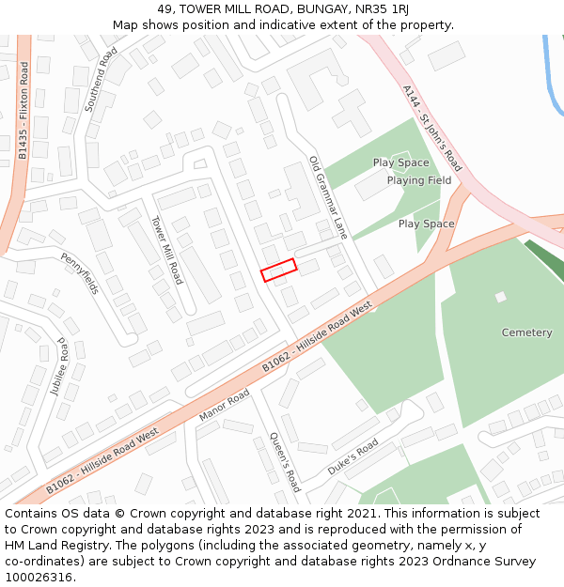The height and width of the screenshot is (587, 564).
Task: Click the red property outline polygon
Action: (x=278, y=270)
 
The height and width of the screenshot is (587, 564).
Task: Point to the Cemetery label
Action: (x=526, y=332)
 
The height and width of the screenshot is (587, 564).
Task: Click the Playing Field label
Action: (x=419, y=180)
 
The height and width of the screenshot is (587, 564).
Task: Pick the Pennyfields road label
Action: (x=80, y=272)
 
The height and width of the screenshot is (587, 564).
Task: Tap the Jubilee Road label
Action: (x=62, y=366)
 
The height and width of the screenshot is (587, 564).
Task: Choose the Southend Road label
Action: (x=102, y=81)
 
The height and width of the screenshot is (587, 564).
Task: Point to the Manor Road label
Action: (x=225, y=404)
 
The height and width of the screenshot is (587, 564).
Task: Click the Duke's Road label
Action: (x=352, y=456)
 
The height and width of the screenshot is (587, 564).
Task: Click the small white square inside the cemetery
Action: (x=501, y=297)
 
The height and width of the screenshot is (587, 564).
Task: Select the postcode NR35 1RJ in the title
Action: (x=388, y=8)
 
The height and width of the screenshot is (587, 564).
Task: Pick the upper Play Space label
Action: (x=400, y=162)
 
